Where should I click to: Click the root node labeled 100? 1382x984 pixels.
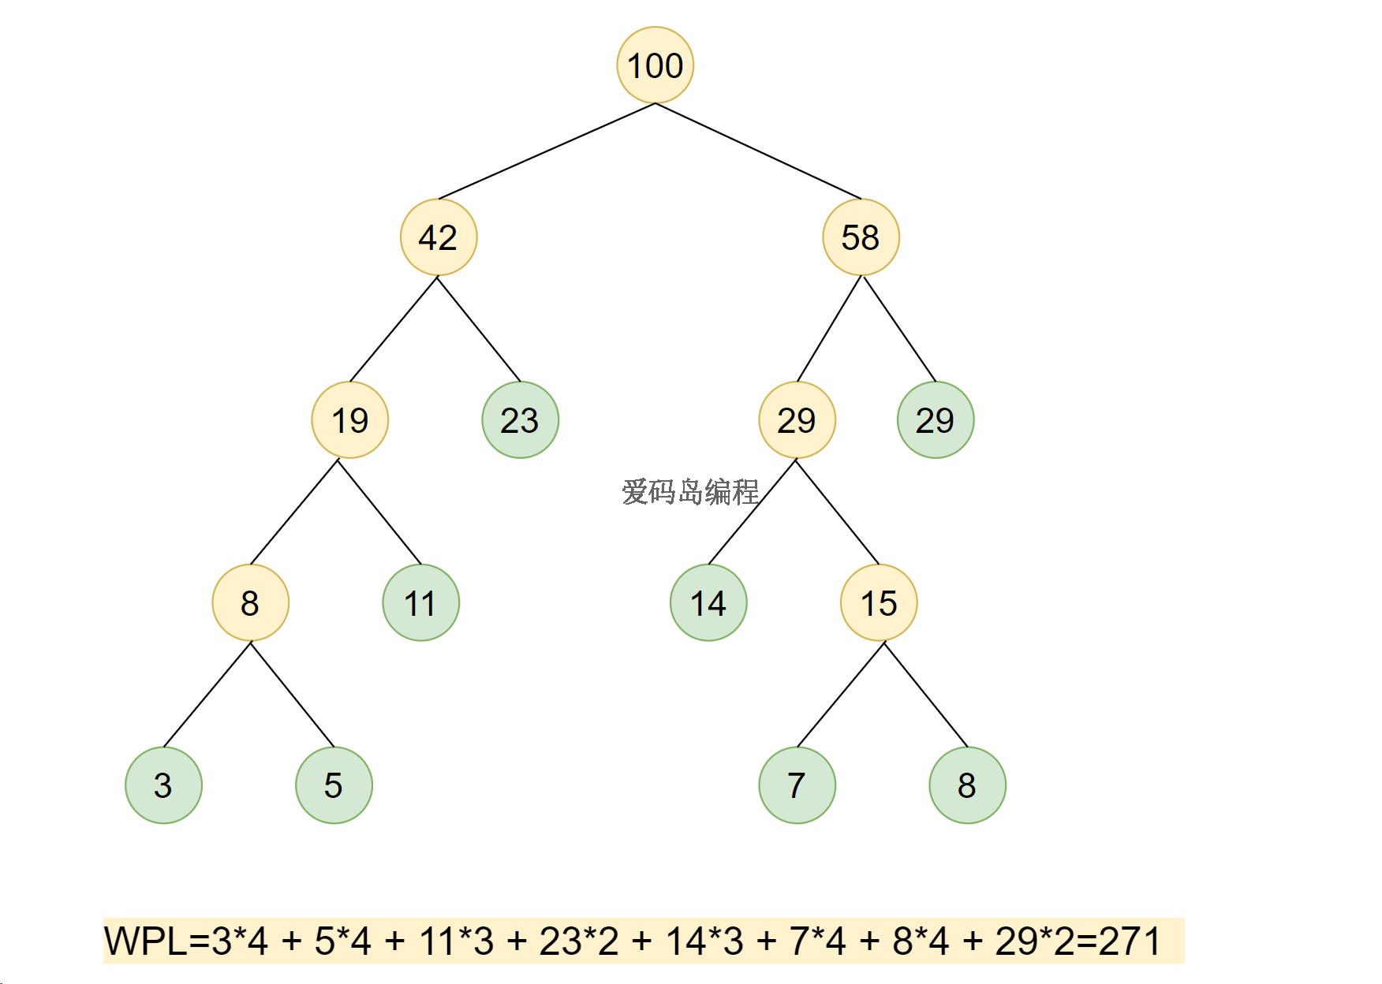(655, 65)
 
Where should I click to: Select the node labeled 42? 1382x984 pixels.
(439, 237)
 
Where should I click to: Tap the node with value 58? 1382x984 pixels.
(861, 237)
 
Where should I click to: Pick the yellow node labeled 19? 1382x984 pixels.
(350, 420)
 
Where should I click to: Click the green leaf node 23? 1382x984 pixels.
(520, 420)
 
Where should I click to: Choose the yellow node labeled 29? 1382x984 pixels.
(797, 420)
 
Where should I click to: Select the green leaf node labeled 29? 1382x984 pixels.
(936, 420)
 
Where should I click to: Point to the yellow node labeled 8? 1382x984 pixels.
(251, 603)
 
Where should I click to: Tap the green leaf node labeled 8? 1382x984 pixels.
(967, 785)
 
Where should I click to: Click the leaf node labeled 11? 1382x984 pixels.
(420, 603)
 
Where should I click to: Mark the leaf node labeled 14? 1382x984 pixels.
(708, 603)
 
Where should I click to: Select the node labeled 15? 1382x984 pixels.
(879, 603)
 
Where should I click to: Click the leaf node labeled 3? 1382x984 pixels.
(163, 785)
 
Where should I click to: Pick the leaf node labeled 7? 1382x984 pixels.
(797, 785)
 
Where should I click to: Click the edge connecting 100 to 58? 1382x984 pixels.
(758, 151)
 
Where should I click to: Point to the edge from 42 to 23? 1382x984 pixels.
(479, 329)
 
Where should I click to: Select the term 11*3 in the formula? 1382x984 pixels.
(456, 941)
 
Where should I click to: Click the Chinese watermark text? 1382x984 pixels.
(690, 492)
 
